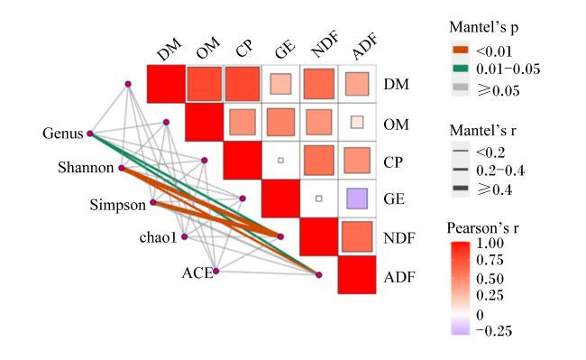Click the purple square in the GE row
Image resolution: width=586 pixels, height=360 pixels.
[357, 198]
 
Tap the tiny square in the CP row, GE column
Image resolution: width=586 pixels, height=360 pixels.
[280, 161]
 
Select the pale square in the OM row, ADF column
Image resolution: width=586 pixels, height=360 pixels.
[357, 122]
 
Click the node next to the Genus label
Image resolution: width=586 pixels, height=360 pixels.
[89, 134]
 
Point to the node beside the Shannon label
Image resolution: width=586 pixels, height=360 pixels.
[122, 168]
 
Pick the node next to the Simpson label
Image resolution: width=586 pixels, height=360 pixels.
[153, 202]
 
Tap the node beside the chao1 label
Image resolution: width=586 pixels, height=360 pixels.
[184, 236]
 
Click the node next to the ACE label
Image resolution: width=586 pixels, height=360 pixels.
[215, 271]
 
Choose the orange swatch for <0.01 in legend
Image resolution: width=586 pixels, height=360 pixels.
[460, 51]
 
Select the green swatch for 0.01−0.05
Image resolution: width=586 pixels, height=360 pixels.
[460, 69]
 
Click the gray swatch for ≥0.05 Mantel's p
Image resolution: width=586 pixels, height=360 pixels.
[460, 88]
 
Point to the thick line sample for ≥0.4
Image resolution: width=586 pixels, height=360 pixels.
[460, 189]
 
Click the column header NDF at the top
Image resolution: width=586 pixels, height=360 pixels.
[325, 46]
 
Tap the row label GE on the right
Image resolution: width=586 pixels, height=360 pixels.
[394, 198]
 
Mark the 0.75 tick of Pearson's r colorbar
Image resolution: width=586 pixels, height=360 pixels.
[490, 260]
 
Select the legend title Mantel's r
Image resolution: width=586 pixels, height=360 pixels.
[482, 131]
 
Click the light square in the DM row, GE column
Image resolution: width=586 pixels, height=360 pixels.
[280, 84]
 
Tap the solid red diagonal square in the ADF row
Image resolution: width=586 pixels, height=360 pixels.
[357, 275]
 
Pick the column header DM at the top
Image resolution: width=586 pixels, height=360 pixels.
[169, 49]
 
